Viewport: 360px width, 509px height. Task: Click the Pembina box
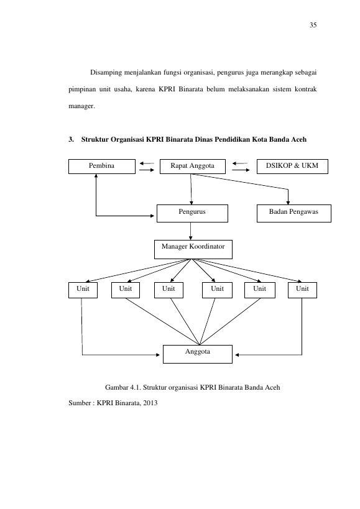pyautogui.click(x=101, y=167)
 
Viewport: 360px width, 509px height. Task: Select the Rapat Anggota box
pyautogui.click(x=193, y=167)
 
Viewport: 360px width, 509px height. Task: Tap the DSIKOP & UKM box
pyautogui.click(x=292, y=167)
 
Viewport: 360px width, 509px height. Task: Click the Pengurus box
pyautogui.click(x=192, y=213)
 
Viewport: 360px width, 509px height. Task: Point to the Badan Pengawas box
pyautogui.click(x=293, y=213)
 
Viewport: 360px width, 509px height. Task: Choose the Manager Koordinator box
pyautogui.click(x=193, y=249)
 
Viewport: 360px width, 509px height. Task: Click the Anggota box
pyautogui.click(x=197, y=354)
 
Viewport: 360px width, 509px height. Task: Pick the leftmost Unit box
pyautogui.click(x=83, y=290)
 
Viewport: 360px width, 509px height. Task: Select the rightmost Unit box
pyautogui.click(x=302, y=290)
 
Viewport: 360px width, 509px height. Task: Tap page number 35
pyautogui.click(x=313, y=25)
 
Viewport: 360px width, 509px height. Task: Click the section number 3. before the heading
pyautogui.click(x=71, y=139)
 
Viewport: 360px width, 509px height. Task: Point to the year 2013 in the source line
pyautogui.click(x=150, y=403)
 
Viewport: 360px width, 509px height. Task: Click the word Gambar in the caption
pyautogui.click(x=116, y=387)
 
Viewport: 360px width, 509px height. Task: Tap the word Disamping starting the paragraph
pyautogui.click(x=106, y=72)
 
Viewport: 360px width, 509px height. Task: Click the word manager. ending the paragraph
pyautogui.click(x=81, y=106)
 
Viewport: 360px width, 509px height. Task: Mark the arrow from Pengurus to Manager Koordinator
pyautogui.click(x=190, y=231)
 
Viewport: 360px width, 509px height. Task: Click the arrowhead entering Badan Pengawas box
pyautogui.click(x=288, y=203)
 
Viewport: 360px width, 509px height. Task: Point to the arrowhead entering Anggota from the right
pyautogui.click(x=237, y=355)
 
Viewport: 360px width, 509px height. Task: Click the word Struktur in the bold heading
pyautogui.click(x=95, y=139)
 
